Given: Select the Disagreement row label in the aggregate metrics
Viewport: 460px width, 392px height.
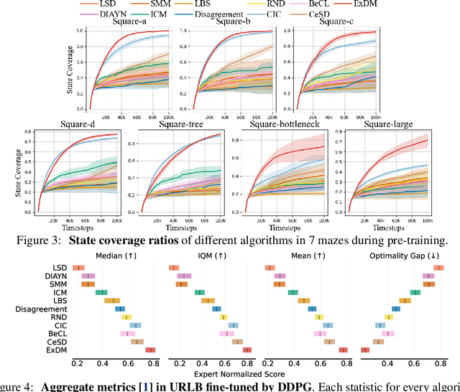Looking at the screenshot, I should pyautogui.click(x=45, y=309).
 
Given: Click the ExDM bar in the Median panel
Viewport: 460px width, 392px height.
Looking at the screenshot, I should pyautogui.click(x=151, y=350).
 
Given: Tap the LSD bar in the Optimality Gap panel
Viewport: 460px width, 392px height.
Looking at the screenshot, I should pyautogui.click(x=438, y=268).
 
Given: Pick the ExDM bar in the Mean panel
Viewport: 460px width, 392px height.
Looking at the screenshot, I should pyautogui.click(x=344, y=350).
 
